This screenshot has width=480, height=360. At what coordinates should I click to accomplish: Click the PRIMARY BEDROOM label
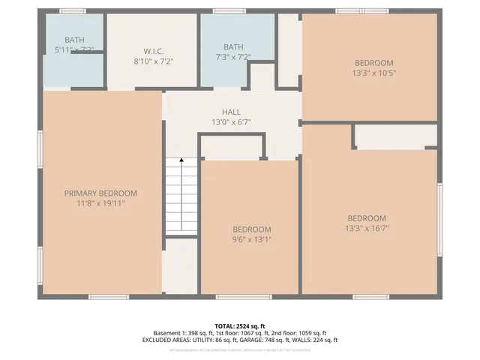pyautogui.click(x=100, y=193)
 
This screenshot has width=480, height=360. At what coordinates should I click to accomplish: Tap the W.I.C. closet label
pyautogui.click(x=154, y=51)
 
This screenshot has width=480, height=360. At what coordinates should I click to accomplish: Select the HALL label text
pyautogui.click(x=231, y=112)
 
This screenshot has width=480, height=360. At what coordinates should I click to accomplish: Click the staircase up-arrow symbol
pyautogui.click(x=181, y=160)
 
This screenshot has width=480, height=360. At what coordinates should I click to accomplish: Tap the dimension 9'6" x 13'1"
pyautogui.click(x=252, y=239)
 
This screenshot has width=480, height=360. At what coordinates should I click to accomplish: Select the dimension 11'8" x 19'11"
pyautogui.click(x=100, y=202)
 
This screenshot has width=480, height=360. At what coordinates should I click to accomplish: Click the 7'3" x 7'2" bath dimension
pyautogui.click(x=233, y=56)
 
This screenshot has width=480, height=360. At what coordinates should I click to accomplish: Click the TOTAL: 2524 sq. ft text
pyautogui.click(x=239, y=325)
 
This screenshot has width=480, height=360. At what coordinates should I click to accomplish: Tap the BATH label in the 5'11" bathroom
pyautogui.click(x=74, y=40)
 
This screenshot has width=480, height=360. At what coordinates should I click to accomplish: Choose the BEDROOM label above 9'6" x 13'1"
pyautogui.click(x=252, y=229)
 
